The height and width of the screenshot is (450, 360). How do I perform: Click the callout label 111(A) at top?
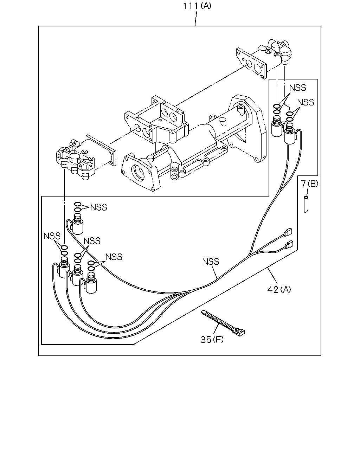[x=197, y=6]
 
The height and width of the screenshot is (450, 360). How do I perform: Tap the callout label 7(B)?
[x=309, y=184]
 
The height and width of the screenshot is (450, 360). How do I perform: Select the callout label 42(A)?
[x=279, y=290]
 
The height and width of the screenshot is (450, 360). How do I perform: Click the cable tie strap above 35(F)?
[x=223, y=323]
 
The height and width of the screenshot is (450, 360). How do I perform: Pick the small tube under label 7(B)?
[x=306, y=204]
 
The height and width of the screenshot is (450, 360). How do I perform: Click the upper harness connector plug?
[x=288, y=232]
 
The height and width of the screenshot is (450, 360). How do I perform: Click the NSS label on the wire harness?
[x=211, y=262]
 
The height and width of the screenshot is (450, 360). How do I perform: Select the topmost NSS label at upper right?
[x=297, y=88]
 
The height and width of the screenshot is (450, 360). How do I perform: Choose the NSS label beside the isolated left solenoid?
[x=98, y=207]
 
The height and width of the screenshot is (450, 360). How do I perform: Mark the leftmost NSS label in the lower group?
[x=52, y=236]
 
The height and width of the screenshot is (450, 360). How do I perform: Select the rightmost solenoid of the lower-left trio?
[x=91, y=283]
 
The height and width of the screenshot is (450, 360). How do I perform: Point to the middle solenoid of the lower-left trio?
[x=77, y=275]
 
